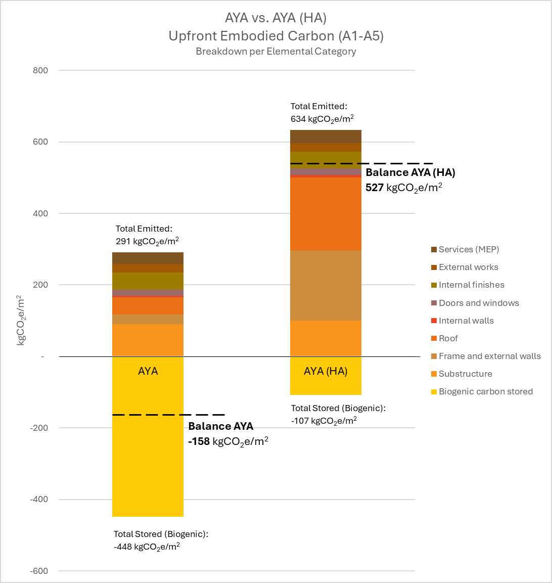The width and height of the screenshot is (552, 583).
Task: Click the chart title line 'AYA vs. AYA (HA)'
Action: [x=275, y=18]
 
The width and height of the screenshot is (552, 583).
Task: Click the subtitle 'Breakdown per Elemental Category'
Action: [x=275, y=52]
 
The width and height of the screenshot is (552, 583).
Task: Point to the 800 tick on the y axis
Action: [x=40, y=70]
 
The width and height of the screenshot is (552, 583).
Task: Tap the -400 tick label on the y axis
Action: [x=38, y=500]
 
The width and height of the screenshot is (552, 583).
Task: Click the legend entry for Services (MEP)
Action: [x=469, y=249]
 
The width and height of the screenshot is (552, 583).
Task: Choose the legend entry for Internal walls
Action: [x=466, y=321]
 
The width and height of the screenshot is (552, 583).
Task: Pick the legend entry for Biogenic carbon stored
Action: [x=485, y=392]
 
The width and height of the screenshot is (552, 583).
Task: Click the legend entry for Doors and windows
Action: [x=479, y=303]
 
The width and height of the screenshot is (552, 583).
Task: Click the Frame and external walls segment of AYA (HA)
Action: [x=326, y=285]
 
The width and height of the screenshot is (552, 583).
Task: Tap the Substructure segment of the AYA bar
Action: [x=148, y=340]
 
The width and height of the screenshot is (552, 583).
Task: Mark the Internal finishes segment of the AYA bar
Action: [x=148, y=281]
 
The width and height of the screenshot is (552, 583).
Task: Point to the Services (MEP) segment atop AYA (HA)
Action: [x=326, y=137]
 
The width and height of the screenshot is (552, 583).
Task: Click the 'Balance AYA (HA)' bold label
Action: [x=410, y=173]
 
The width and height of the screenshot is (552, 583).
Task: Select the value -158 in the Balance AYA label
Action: [x=199, y=441]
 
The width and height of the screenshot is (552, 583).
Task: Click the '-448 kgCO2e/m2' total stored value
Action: [x=147, y=547]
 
